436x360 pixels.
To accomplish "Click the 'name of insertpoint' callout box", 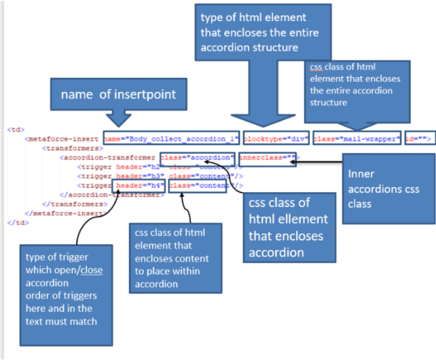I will [119, 94].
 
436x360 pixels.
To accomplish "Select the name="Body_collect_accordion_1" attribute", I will [171, 139].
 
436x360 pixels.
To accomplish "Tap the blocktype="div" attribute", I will [276, 139].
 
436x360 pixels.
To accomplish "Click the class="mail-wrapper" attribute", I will [356, 139].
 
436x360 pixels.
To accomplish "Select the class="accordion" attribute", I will [197, 158].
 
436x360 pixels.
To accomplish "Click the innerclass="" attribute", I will [267, 158].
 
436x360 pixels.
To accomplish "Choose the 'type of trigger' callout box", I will [66, 295].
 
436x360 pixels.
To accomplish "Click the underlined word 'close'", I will [92, 270].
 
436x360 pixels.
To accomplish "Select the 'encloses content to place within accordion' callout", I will [175, 258].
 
